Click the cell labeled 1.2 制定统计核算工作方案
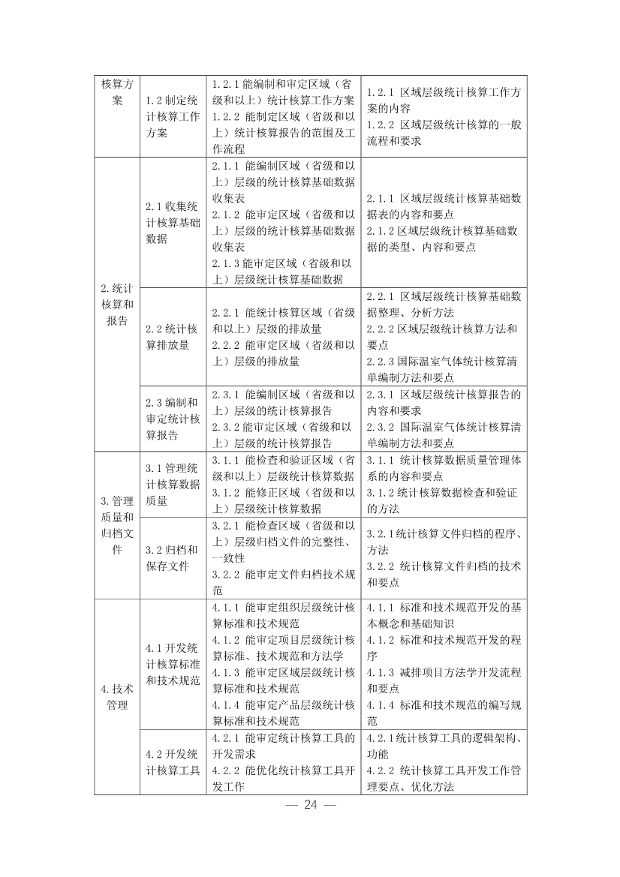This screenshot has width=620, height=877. (173, 116)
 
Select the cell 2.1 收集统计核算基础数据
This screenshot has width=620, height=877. (173, 223)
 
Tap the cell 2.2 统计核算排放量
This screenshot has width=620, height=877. (173, 337)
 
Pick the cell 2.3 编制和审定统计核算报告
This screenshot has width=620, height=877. (173, 419)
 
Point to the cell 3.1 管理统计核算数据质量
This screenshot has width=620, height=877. (173, 484)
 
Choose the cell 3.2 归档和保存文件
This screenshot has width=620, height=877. (173, 557)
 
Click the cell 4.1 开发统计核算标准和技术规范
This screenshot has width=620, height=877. (173, 665)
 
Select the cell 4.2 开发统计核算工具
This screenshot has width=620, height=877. (173, 762)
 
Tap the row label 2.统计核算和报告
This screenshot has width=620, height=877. (116, 305)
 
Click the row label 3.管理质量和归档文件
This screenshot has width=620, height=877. (116, 525)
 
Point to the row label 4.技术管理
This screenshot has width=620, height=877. (116, 697)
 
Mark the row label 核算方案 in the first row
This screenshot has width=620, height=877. (116, 92)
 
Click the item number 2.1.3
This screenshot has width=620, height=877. (226, 263)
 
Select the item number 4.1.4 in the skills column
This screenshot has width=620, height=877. (226, 705)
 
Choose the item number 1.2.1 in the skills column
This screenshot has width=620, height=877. (226, 83)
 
